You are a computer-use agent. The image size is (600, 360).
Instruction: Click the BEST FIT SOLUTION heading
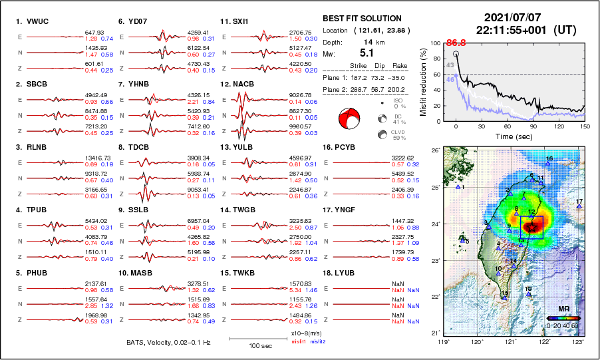[361, 19]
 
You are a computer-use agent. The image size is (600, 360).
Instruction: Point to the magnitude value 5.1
[367, 52]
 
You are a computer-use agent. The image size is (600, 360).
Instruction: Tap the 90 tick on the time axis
[533, 126]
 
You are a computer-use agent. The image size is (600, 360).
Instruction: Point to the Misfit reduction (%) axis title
[423, 82]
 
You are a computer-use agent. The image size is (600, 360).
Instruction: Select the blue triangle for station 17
[579, 207]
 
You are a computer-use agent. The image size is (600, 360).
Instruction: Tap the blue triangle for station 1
[458, 188]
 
